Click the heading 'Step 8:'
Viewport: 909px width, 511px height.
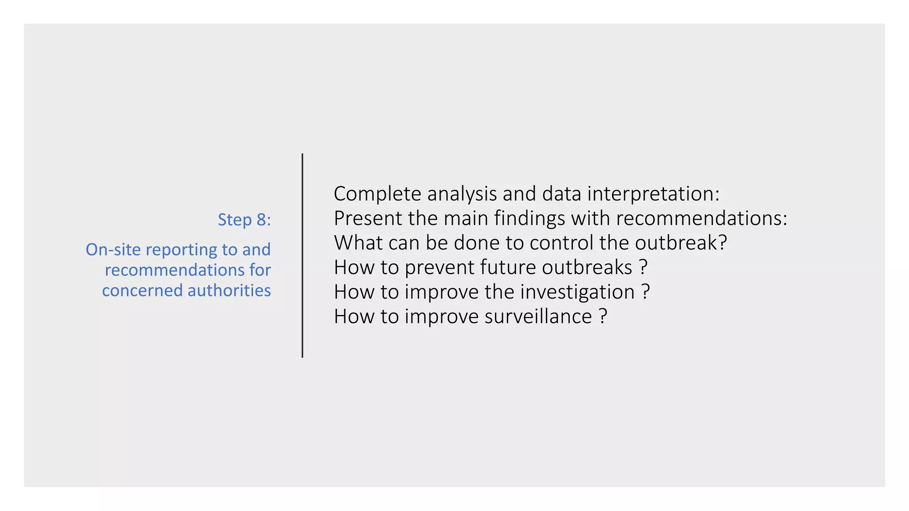pyautogui.click(x=244, y=220)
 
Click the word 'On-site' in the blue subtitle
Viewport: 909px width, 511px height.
pyautogui.click(x=113, y=249)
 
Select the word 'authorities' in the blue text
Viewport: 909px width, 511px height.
pyautogui.click(x=229, y=291)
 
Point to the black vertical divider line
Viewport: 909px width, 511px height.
pyautogui.click(x=302, y=255)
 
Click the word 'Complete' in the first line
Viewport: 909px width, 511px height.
pyautogui.click(x=377, y=194)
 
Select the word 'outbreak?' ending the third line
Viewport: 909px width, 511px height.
pyautogui.click(x=681, y=243)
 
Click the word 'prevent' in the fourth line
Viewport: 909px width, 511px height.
pyautogui.click(x=439, y=267)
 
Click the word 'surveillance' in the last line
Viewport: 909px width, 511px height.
pyautogui.click(x=538, y=316)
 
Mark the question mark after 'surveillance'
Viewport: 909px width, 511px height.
pyautogui.click(x=603, y=316)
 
